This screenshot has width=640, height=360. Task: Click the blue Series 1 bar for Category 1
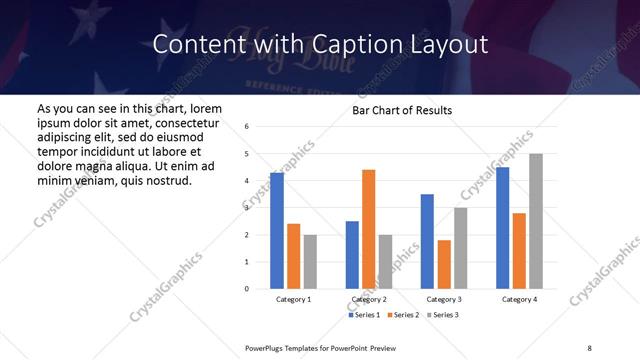pos(277,231)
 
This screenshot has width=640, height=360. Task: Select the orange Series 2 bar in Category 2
pos(368,229)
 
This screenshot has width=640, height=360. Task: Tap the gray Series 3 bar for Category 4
pos(536,221)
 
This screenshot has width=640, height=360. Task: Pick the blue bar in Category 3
pos(427,241)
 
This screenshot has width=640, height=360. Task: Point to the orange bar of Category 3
pos(444,264)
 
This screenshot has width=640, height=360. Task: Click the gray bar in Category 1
pos(310,261)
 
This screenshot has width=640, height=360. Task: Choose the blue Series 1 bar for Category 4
pos(502,228)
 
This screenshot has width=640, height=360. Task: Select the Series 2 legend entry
pos(402,315)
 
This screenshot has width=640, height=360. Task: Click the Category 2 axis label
pos(368,299)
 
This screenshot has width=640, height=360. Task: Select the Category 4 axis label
pos(519,299)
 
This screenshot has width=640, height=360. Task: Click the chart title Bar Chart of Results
pos(402,110)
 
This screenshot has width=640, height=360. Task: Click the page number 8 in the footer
pos(589,347)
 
